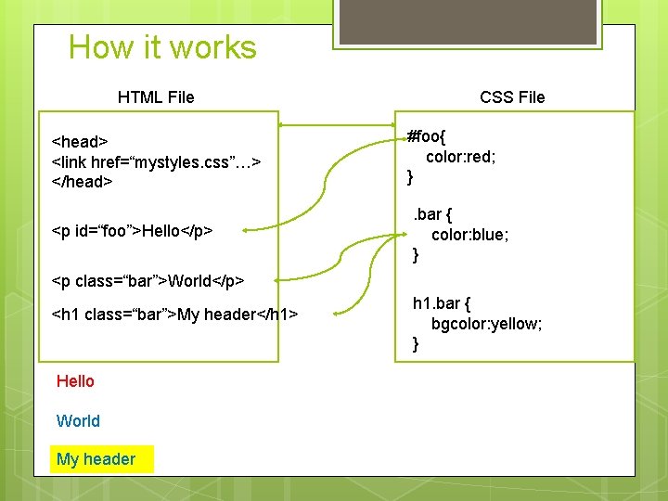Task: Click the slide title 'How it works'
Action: tap(162, 47)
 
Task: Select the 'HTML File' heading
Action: tap(156, 96)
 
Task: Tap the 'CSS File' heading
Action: tap(512, 96)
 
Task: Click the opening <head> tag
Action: tap(80, 142)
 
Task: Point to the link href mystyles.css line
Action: tap(156, 161)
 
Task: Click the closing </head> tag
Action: tap(83, 182)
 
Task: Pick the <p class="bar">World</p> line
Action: tap(148, 279)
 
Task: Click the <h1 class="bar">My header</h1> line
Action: tap(174, 315)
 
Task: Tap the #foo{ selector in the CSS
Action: tap(426, 137)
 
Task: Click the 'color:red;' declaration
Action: tap(460, 157)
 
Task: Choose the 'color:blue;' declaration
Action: tap(469, 235)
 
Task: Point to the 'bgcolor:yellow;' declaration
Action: tap(486, 324)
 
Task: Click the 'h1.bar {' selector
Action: tap(442, 303)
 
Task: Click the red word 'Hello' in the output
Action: tap(75, 381)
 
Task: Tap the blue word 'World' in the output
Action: tap(78, 421)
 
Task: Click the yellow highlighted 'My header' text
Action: tap(96, 459)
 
